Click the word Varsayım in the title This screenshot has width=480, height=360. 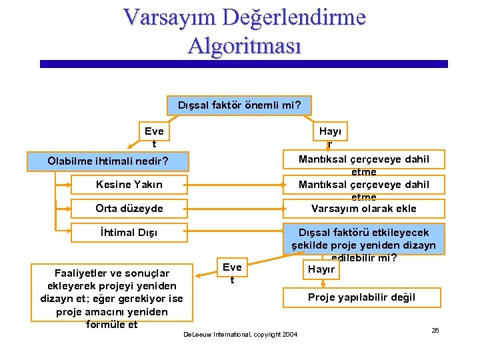coord(169,17)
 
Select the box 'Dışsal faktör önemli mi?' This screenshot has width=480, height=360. coord(239,105)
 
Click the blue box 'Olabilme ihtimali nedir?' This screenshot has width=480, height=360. coord(108,161)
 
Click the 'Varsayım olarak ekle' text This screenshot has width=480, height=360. coord(363,208)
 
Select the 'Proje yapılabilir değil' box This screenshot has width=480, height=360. coord(361,297)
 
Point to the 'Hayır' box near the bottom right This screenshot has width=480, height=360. coord(321,269)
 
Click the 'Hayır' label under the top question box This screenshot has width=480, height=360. coord(329,137)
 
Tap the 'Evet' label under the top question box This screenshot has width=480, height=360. coord(154,137)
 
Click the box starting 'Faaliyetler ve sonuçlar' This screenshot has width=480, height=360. coord(112,298)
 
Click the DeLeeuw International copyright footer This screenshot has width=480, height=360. coord(240,333)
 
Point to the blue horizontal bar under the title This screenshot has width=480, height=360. coord(243,64)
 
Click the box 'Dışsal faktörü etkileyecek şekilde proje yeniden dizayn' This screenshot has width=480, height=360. coord(363,239)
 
